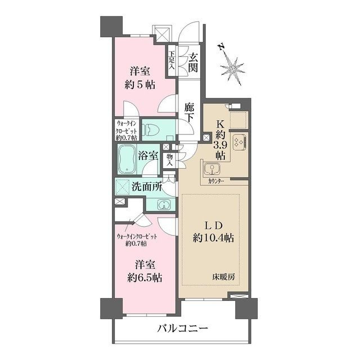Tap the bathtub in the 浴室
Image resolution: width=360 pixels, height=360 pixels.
click(127, 159)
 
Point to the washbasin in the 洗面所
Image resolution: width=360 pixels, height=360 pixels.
click(164, 204)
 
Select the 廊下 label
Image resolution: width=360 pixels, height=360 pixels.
click(190, 112)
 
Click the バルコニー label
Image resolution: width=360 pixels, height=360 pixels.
click(182, 328)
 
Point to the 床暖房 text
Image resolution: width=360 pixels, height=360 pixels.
click(223, 277)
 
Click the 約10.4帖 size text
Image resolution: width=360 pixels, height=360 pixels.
click(213, 238)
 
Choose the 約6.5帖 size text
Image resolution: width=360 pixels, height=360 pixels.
click(145, 278)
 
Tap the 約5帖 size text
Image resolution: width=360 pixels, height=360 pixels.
click(139, 84)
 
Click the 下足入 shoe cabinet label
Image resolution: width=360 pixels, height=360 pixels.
click(172, 60)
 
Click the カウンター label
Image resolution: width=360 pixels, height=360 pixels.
click(216, 182)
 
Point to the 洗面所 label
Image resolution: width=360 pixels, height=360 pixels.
click(147, 187)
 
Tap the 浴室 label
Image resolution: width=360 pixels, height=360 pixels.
click(148, 156)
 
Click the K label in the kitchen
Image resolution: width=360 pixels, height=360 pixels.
click(220, 124)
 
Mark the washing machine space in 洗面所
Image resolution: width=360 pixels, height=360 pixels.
click(124, 186)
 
